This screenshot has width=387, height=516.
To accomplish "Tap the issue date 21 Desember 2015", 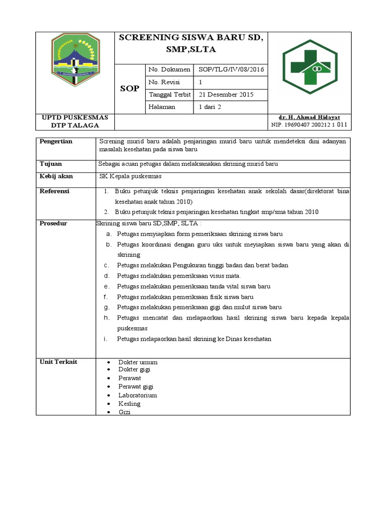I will click(226, 94).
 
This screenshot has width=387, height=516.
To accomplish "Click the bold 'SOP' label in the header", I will click(129, 89).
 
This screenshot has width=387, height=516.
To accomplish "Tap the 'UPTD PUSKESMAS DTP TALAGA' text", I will click(75, 121).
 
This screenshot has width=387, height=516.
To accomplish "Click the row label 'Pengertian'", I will click(56, 142).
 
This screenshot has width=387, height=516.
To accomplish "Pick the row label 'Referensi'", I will click(54, 191).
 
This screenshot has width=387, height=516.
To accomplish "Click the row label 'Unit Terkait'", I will click(58, 362).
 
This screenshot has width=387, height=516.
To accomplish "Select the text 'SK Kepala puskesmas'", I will click(130, 176).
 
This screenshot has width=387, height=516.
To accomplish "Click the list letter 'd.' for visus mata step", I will click(107, 276).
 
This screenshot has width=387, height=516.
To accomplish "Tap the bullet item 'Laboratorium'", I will click(138, 395).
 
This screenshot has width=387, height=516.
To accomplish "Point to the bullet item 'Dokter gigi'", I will click(134, 369).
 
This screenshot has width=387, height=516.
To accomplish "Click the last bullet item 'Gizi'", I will click(124, 412).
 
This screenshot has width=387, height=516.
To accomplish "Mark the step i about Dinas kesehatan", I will click(194, 339).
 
